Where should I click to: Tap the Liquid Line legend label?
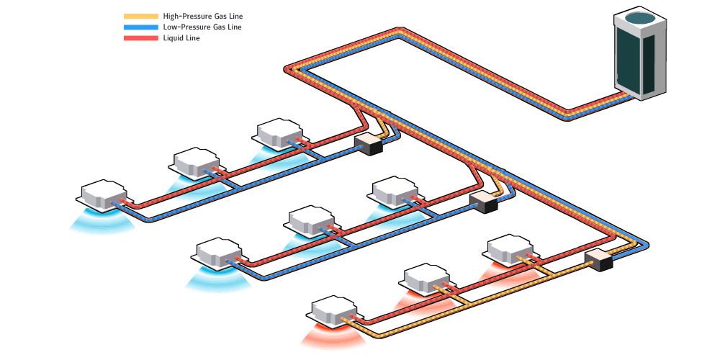click(x=181, y=38)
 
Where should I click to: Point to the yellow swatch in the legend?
click(x=141, y=16)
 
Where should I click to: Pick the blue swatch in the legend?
click(x=141, y=27)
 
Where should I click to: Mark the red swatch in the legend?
click(x=141, y=38)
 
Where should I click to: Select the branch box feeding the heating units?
click(x=598, y=260)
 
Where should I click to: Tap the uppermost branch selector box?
click(x=368, y=143)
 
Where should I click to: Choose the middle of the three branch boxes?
click(x=483, y=202)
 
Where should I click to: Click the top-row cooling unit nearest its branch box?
click(x=281, y=132)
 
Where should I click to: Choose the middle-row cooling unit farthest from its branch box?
click(x=218, y=252)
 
